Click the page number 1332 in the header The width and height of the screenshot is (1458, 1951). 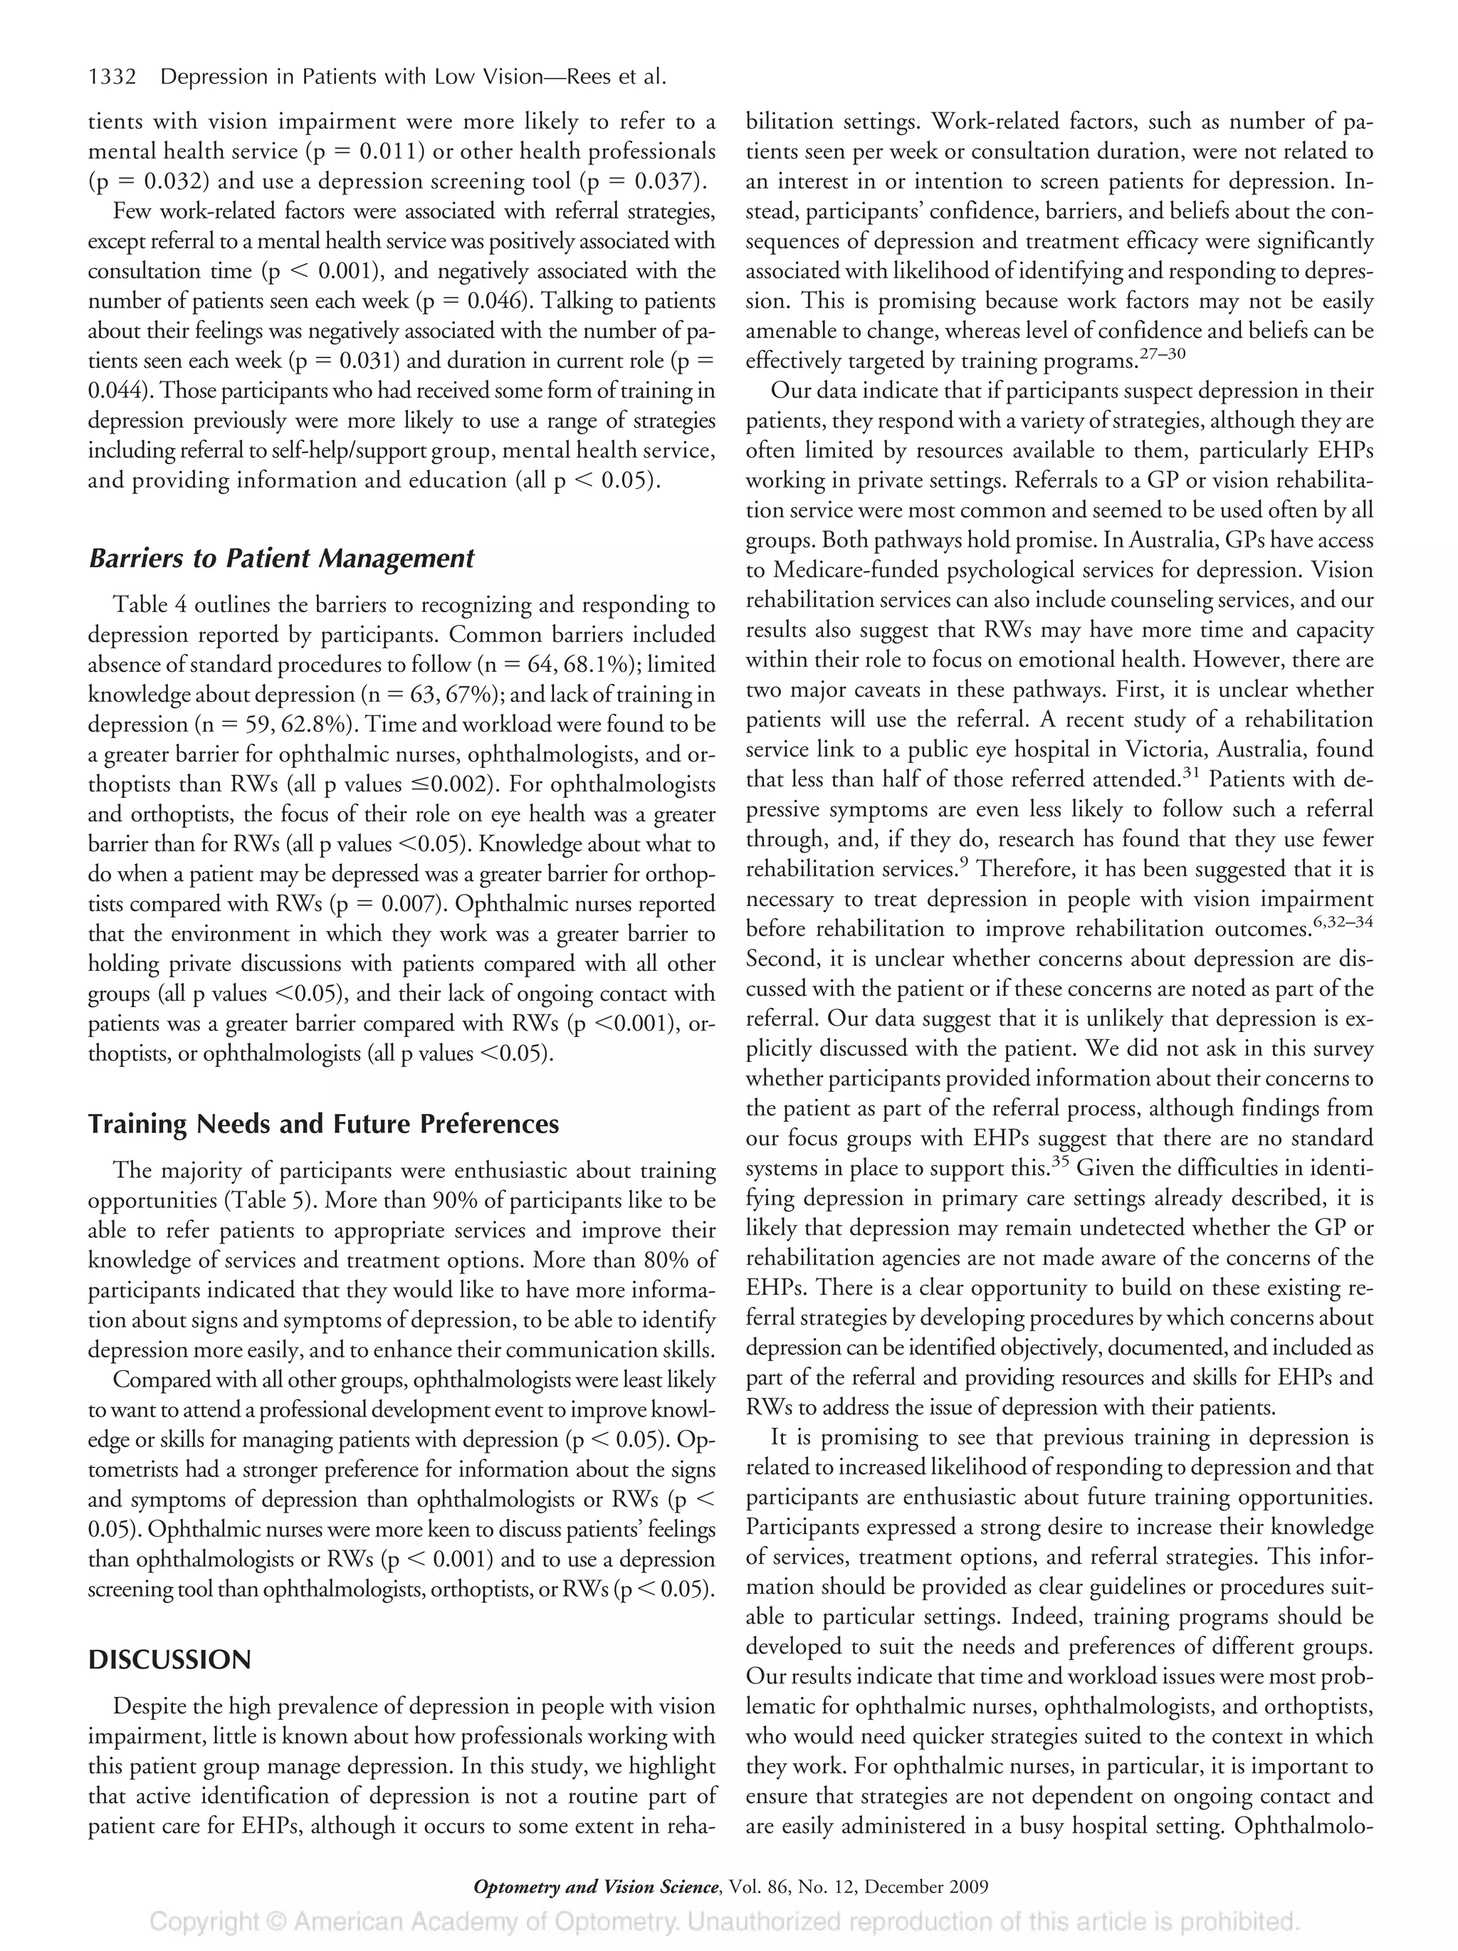(x=112, y=78)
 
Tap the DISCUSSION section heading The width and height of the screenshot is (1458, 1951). (x=169, y=1659)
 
